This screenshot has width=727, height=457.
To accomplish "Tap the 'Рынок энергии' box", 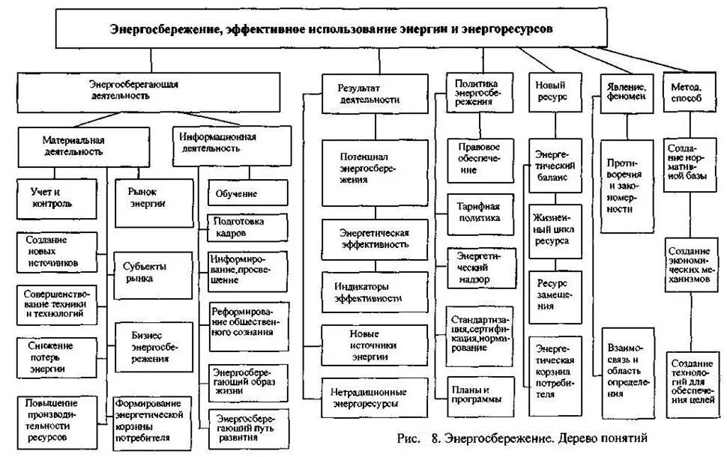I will tap(146, 197).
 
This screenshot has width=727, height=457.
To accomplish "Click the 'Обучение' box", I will tap(247, 193).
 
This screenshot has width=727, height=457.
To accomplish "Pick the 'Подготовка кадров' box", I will tap(247, 227).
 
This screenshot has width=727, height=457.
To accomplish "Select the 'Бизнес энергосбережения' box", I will tap(147, 346).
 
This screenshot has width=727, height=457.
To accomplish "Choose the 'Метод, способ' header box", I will tap(690, 93).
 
